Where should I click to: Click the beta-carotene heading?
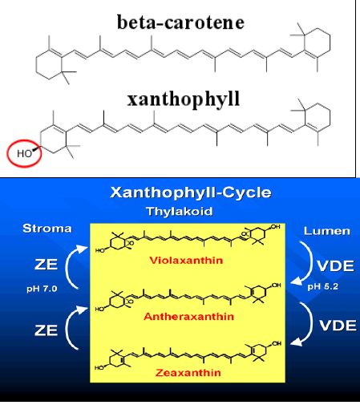(180, 22)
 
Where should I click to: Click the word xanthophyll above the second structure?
(184, 99)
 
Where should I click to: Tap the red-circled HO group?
(24, 153)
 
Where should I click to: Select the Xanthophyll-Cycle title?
(191, 192)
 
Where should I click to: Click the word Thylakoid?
(180, 211)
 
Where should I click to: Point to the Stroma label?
(47, 229)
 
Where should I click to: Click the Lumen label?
(327, 231)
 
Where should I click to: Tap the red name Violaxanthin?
(186, 260)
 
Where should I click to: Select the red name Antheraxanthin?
(189, 317)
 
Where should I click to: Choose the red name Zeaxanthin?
(188, 372)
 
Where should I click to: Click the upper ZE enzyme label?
(46, 265)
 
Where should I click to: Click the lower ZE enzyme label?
(46, 330)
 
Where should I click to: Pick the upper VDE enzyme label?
(335, 265)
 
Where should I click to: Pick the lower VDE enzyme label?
(338, 326)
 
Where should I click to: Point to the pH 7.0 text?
(42, 289)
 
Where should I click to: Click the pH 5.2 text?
(323, 286)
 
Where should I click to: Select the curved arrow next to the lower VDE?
(311, 322)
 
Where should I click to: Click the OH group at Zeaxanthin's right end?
(277, 343)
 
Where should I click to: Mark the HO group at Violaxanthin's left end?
(99, 251)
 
